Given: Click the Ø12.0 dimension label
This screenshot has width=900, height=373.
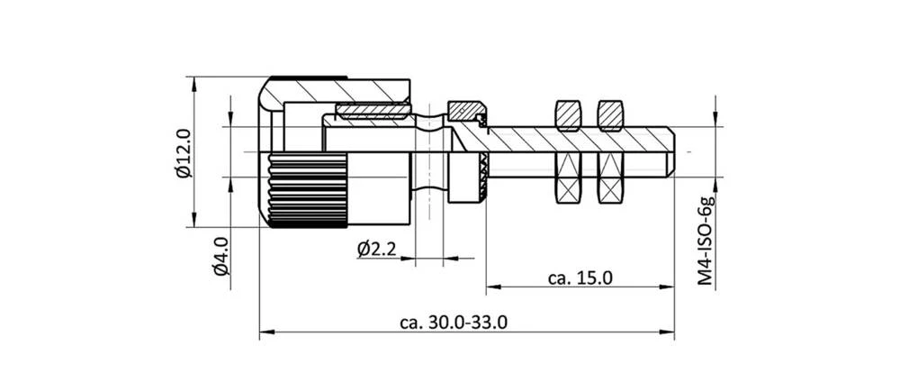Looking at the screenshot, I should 183,153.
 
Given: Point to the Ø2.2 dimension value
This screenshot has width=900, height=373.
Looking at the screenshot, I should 376,249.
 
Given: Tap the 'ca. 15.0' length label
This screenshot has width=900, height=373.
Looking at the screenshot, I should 580,277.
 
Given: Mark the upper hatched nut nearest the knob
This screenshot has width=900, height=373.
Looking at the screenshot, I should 568,114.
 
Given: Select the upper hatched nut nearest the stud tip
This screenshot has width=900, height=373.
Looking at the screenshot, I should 611,114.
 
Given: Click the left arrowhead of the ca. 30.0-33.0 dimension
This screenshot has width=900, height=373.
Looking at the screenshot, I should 265,333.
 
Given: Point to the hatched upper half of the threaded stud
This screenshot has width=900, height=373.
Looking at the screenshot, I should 576,140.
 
